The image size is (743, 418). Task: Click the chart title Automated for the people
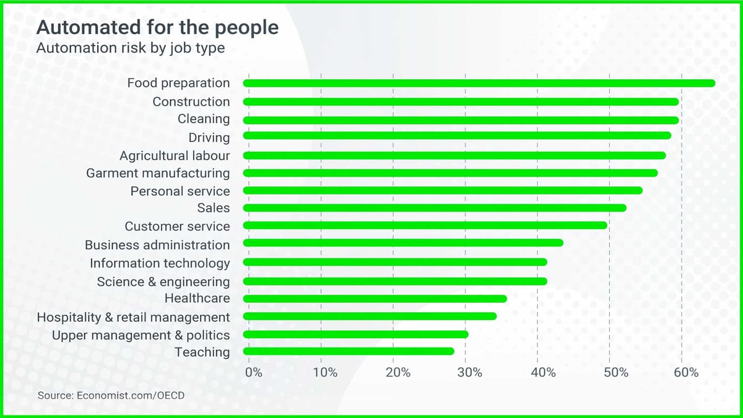157,28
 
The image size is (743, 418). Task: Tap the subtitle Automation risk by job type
130,48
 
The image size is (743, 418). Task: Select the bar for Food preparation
479,84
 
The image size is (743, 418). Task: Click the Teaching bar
349,352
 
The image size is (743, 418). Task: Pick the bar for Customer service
425,225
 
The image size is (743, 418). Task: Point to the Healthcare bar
375,298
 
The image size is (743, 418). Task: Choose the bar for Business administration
403,243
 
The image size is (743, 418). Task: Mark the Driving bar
457,136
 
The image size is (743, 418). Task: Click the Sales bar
435,208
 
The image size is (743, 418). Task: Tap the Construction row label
191,102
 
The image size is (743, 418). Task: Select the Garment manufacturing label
158,173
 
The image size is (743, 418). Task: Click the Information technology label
160,263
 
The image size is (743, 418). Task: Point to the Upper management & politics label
141,335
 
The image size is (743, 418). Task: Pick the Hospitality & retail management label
133,317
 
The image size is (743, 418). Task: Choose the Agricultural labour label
175,155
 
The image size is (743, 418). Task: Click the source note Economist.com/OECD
111,394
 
